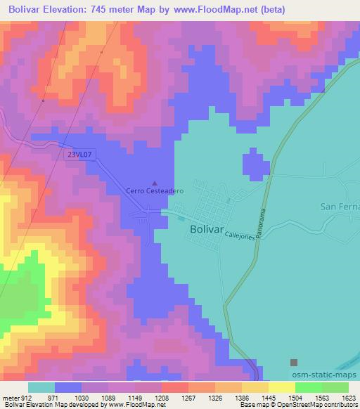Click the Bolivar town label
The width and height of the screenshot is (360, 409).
click(x=209, y=230)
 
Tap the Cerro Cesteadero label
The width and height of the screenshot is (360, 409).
click(x=155, y=190)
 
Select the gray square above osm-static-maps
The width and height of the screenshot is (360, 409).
click(x=294, y=363)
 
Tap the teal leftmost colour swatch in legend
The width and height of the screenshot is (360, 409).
click(x=41, y=387)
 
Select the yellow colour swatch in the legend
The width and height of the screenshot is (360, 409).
click(x=281, y=387)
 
